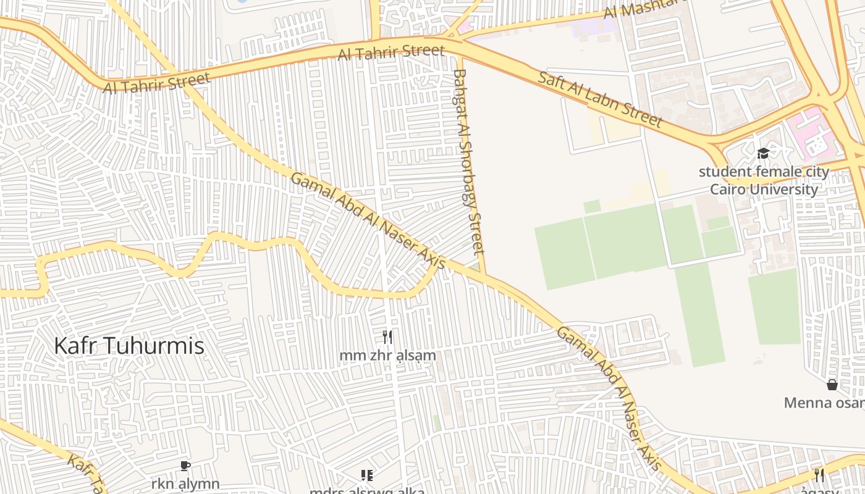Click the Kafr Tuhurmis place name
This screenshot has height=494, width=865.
[x=129, y=346]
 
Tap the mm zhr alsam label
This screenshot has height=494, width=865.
[x=387, y=356]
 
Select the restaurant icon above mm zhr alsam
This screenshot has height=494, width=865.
[x=387, y=337]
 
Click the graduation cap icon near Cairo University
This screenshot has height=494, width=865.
[x=763, y=153]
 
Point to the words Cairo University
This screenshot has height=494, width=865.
[x=764, y=189]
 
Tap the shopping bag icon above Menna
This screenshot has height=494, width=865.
[x=832, y=385]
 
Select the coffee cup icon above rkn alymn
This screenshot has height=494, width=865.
[x=184, y=466]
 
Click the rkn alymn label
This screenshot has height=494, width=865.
[x=185, y=484]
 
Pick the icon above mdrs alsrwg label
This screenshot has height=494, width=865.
[x=367, y=475]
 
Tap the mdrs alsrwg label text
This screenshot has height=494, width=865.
[x=367, y=491]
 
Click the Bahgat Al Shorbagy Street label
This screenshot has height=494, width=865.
[x=468, y=162]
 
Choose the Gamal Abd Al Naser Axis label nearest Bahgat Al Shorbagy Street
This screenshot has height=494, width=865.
[x=367, y=220]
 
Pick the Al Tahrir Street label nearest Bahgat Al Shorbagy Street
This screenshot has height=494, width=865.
[x=391, y=52]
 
